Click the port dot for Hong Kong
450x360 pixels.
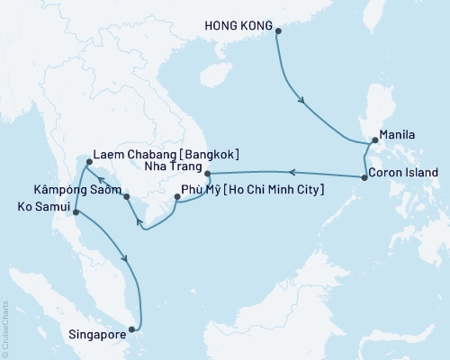[278, 31]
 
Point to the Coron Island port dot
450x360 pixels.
[364, 177]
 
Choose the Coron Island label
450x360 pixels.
[405, 172]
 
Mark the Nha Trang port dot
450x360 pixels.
[207, 173]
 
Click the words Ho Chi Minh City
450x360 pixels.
[273, 190]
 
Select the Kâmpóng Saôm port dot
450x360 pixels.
[127, 196]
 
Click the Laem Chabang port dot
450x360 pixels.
[88, 163]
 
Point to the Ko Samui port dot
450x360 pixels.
[75, 213]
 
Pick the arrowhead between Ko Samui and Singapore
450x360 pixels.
[129, 258]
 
